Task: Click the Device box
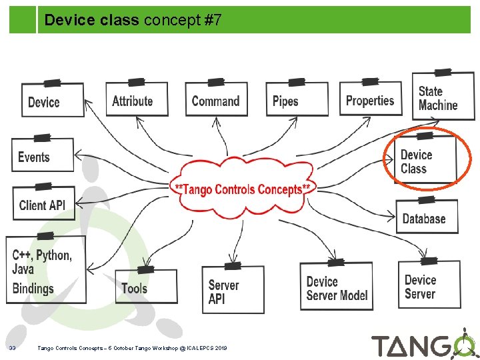click(x=53, y=101)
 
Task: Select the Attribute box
click(x=136, y=100)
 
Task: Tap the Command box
click(x=215, y=100)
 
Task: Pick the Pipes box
click(x=296, y=101)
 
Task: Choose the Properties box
click(x=371, y=100)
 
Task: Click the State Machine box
click(x=442, y=98)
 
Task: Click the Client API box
click(x=43, y=204)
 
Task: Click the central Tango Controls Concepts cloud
click(x=243, y=189)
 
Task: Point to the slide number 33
click(x=13, y=348)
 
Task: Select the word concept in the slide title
click(x=171, y=21)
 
